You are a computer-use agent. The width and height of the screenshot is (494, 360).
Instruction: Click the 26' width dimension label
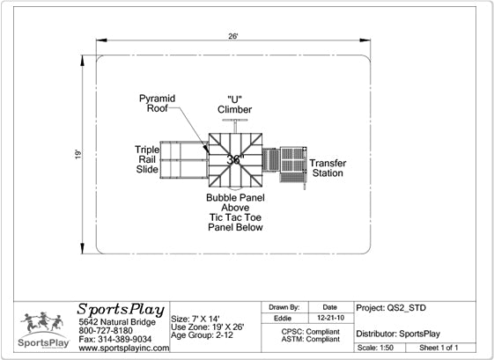tap(232, 36)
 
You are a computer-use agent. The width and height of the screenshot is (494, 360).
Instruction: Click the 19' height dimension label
tap(77, 154)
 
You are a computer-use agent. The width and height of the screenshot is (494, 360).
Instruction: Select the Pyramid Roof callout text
tap(158, 103)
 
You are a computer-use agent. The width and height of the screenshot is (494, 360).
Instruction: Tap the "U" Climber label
tap(235, 105)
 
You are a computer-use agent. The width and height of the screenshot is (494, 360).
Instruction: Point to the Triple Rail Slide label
tap(147, 159)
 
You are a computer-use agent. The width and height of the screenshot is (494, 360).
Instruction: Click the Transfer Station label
tap(328, 168)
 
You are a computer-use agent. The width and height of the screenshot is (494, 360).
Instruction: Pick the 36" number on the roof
tap(235, 159)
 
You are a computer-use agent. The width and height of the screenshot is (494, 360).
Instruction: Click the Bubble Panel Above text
tap(235, 202)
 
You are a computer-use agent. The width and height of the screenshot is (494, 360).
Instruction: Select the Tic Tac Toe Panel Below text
tap(235, 223)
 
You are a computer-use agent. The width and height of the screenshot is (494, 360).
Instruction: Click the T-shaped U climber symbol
tap(235, 125)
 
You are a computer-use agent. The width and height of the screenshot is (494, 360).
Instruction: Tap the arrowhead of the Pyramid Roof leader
tap(206, 149)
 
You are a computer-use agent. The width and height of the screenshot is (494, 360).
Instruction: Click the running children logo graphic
tap(42, 322)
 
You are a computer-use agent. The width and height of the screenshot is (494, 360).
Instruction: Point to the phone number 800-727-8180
tap(106, 331)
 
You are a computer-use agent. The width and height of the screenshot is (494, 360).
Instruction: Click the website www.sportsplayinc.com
tap(124, 348)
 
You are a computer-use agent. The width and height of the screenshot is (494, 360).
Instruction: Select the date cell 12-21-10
tap(330, 318)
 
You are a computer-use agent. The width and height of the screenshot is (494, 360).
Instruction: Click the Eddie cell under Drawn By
tap(283, 318)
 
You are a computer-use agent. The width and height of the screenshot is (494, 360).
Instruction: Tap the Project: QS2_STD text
tap(391, 308)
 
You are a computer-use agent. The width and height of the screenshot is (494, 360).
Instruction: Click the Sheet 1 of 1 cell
tap(439, 348)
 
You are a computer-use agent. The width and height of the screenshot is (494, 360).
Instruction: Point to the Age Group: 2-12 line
tap(202, 335)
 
